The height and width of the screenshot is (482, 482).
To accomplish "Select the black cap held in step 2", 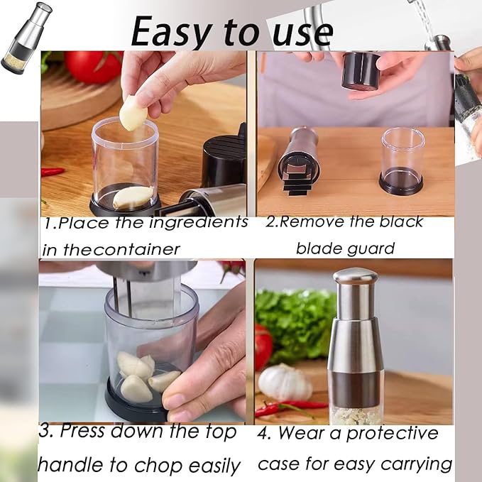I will click(361, 71).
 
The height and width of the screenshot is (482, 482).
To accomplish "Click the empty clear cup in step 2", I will click(402, 160).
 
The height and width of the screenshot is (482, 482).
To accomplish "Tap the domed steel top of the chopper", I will click(355, 277).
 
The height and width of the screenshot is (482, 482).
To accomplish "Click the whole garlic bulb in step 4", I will click(284, 383).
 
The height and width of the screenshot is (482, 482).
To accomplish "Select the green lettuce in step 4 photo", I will click(295, 323).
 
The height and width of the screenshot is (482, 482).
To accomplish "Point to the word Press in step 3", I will click(92, 431).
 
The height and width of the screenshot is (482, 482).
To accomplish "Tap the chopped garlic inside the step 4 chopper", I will click(357, 416).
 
